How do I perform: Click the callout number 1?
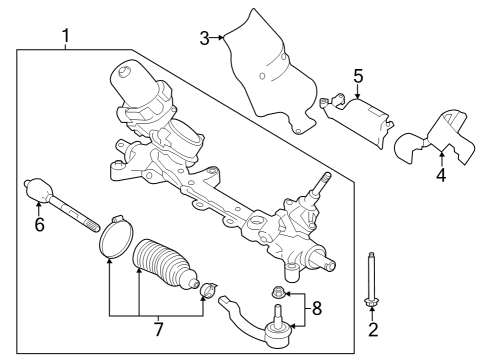point(65,37)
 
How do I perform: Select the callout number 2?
point(372,329)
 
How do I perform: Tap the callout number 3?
point(204,39)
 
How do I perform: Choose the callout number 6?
point(40,225)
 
